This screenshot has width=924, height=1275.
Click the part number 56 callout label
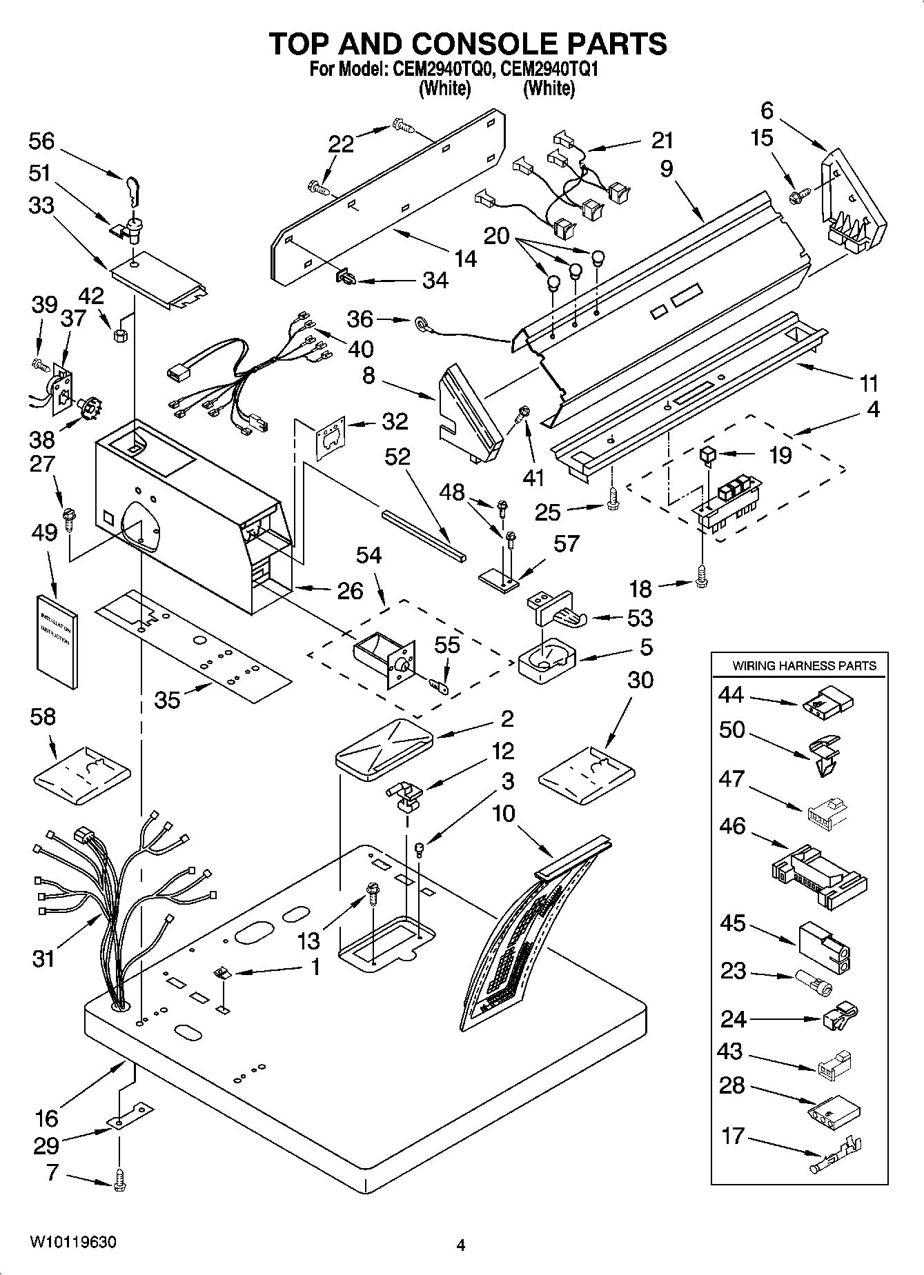[41, 141]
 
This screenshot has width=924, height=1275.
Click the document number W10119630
[73, 1243]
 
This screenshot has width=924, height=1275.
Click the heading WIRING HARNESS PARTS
[804, 666]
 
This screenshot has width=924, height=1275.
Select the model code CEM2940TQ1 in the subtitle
[549, 70]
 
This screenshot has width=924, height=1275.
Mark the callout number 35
[168, 700]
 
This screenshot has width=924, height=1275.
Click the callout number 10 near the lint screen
[504, 814]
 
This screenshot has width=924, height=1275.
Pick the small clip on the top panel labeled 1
[222, 973]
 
